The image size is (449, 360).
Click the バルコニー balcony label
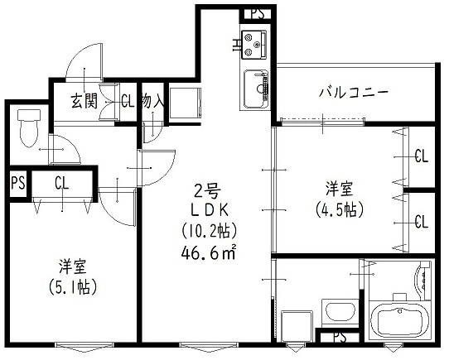[354, 93]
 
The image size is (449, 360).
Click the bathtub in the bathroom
[400, 319]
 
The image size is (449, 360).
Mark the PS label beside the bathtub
[340, 338]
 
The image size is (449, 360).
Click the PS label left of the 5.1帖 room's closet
[17, 183]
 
